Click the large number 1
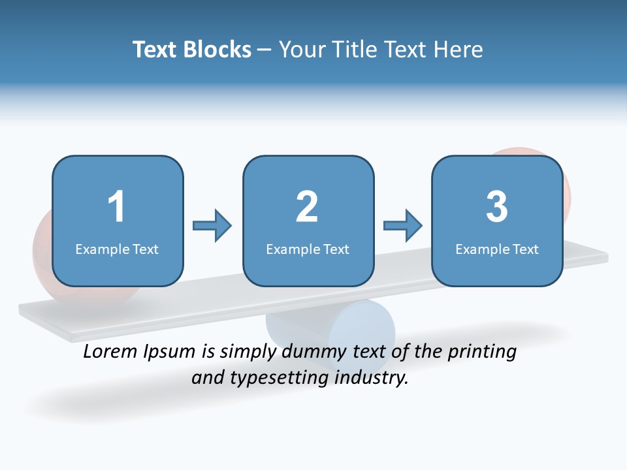(x=116, y=207)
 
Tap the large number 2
(x=307, y=207)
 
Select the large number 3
(x=497, y=207)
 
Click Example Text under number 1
(x=117, y=249)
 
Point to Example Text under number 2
(x=308, y=249)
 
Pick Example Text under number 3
(x=497, y=249)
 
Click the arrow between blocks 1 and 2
(x=212, y=226)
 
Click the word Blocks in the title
(x=217, y=50)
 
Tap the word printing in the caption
(x=481, y=352)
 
